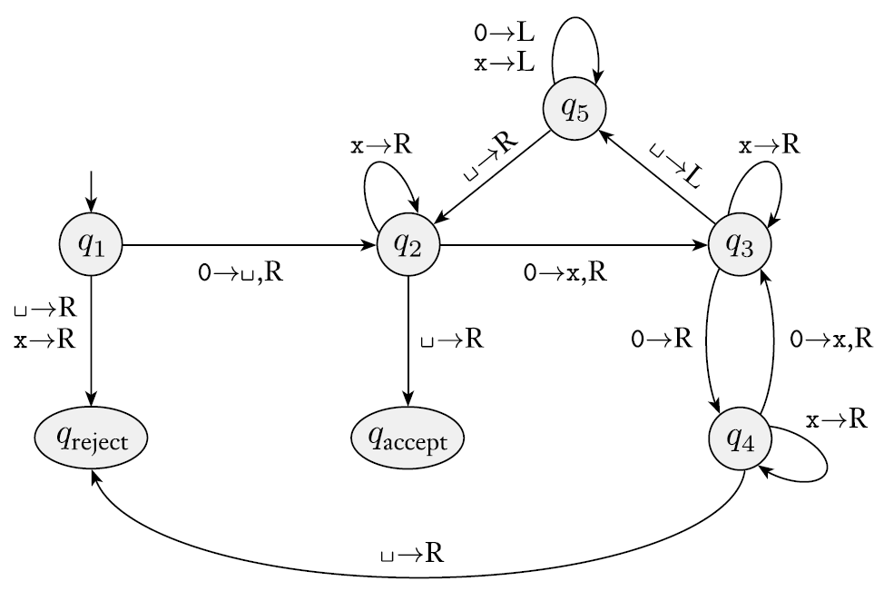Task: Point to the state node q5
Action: [574, 109]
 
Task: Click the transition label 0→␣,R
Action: [240, 273]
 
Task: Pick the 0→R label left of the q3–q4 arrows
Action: [662, 340]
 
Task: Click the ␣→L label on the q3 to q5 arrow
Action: [674, 163]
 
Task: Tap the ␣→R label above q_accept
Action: [451, 340]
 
